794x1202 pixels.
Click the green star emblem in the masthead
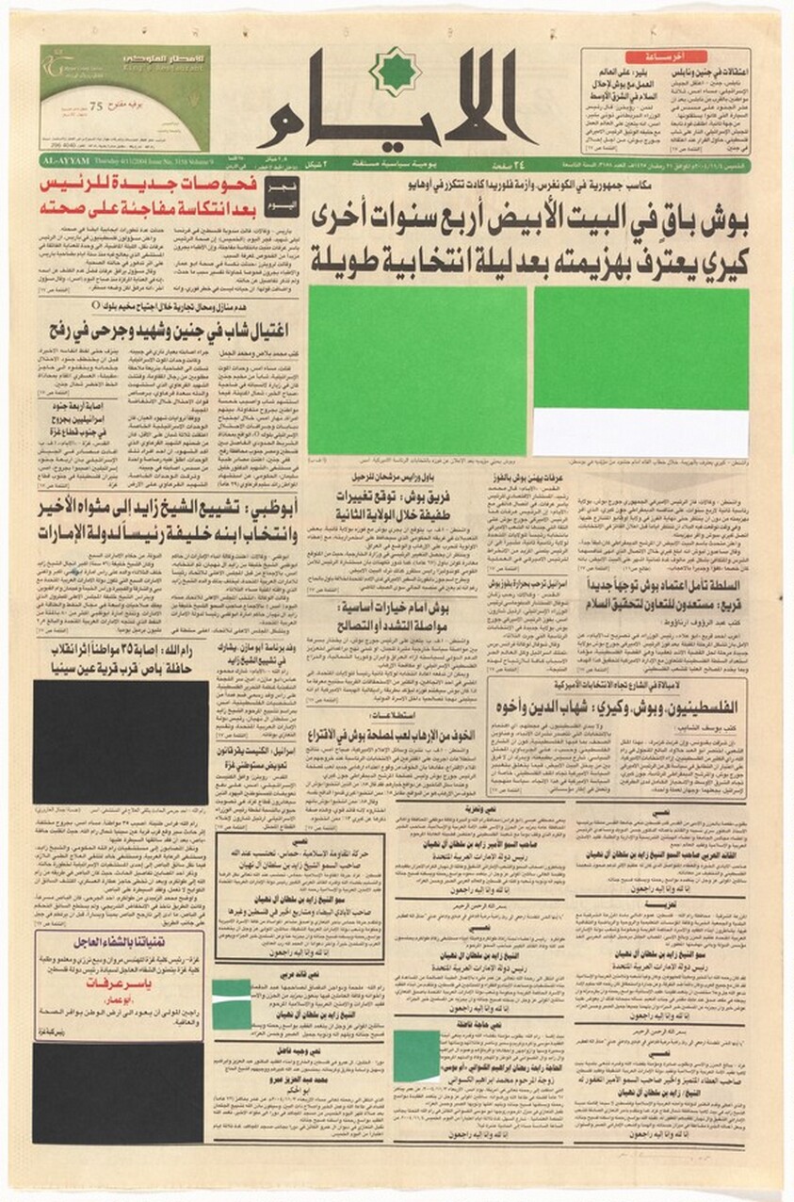(395, 73)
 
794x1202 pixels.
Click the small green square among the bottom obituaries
(416, 1056)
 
